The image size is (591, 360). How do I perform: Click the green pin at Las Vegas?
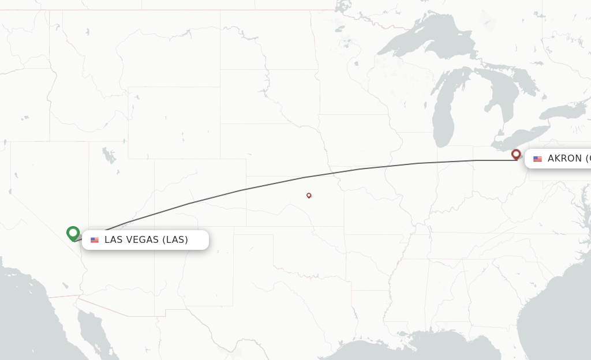73,233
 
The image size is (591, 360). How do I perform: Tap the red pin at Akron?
516,154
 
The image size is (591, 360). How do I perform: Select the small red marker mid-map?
309,195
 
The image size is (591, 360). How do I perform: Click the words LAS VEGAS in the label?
131,239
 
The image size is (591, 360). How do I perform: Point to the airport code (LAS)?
175,239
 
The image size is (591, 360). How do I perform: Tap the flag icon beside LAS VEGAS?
95,240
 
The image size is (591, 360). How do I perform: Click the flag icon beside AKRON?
537,159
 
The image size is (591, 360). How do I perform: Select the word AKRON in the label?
564,158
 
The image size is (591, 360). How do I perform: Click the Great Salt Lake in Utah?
108,156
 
